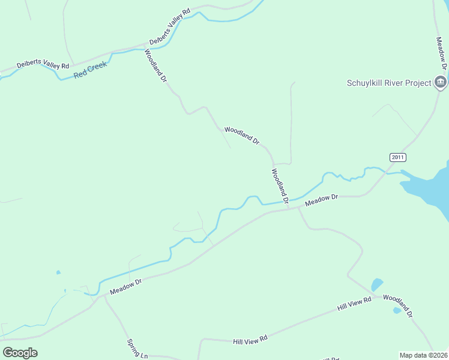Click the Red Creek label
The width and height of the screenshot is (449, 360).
(90, 69)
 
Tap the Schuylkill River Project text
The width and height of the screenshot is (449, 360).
(389, 83)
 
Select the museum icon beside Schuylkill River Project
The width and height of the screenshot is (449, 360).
(441, 82)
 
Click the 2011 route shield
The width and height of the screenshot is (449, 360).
(397, 157)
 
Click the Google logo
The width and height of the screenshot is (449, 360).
(20, 352)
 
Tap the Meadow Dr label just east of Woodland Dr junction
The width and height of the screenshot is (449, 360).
(322, 200)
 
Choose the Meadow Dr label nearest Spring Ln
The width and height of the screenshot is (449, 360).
(125, 286)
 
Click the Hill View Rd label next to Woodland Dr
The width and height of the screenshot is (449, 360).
(355, 303)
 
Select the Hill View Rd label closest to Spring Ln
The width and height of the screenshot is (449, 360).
(250, 340)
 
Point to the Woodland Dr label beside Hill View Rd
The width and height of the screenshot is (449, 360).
(398, 306)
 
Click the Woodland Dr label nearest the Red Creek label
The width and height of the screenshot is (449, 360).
(155, 65)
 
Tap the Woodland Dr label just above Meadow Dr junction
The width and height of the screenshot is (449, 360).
(280, 185)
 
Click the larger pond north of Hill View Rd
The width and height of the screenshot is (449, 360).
(376, 284)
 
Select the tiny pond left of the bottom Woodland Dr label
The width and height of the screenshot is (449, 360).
(396, 310)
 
